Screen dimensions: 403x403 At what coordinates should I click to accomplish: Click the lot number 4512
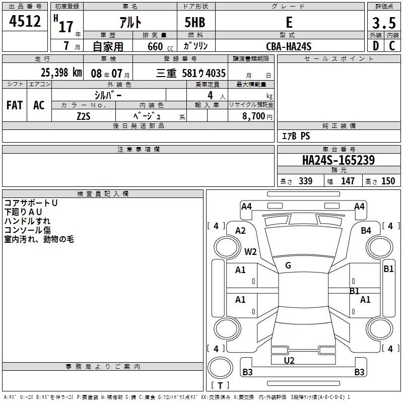point(25,21)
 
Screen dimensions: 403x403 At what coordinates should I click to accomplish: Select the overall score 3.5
point(384,23)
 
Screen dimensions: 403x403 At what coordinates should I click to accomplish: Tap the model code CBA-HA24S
point(289,46)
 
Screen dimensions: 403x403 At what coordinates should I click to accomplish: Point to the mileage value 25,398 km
point(61,73)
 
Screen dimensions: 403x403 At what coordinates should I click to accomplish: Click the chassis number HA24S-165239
point(339,160)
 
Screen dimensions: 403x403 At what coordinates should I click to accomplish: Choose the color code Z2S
point(84,116)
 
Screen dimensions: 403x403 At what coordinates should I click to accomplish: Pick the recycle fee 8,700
point(253,116)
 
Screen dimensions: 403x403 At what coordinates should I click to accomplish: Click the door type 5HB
point(195,22)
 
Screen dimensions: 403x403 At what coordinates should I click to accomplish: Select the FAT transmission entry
point(15,105)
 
